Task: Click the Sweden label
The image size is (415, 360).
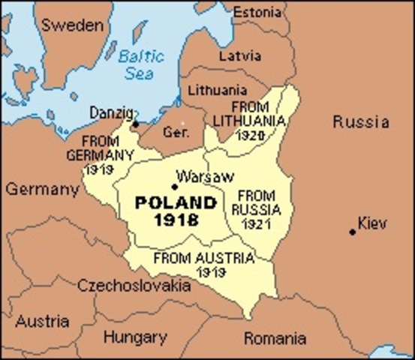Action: [x=72, y=25]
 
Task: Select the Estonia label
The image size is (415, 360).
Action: [x=259, y=13]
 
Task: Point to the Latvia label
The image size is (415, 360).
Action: [x=240, y=55]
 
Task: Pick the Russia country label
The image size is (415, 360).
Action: [x=361, y=121]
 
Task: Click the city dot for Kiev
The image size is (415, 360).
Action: [x=352, y=232]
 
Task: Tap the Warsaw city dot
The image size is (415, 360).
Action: [x=174, y=187]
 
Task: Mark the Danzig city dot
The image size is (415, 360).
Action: [x=136, y=124]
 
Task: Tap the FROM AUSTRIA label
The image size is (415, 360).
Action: [x=204, y=257]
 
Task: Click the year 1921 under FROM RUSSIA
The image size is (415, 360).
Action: [x=256, y=224]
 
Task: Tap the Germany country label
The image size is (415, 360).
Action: [x=42, y=189]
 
